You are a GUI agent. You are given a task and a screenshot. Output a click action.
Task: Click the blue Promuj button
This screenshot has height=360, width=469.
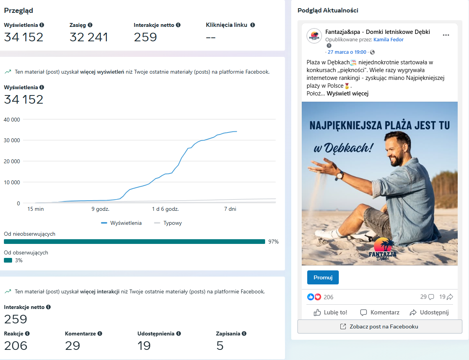[x=323, y=277]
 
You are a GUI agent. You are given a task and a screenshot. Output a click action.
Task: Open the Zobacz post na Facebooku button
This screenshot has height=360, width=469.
[x=380, y=326]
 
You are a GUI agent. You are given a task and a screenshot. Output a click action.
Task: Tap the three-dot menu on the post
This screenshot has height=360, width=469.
[x=446, y=35]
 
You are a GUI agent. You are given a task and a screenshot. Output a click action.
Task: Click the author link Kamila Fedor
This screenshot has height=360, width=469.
[x=388, y=40]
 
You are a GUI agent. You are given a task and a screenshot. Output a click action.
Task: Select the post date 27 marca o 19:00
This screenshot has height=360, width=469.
[x=347, y=52]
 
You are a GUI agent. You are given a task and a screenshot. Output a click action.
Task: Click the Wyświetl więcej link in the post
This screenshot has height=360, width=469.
[x=347, y=94]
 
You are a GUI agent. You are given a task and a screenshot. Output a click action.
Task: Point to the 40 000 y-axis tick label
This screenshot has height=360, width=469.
[x=12, y=120]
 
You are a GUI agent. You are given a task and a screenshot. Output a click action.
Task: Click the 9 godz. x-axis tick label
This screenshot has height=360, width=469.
[x=100, y=209]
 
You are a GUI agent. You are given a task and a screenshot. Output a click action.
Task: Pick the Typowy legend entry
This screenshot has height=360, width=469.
[x=168, y=223]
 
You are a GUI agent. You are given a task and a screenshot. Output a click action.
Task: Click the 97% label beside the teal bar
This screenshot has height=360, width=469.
[x=273, y=242]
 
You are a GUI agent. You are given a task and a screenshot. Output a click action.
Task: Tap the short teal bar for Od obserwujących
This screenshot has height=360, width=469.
[x=8, y=260]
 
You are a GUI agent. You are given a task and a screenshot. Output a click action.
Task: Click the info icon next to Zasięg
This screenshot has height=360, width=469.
[x=90, y=25]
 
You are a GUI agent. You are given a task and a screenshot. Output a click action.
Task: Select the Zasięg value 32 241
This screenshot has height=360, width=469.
[x=88, y=37]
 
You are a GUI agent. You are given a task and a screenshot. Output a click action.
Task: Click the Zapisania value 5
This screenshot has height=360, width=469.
[x=220, y=346]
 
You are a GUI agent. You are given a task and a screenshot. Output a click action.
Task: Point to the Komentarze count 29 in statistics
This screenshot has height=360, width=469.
[x=73, y=346]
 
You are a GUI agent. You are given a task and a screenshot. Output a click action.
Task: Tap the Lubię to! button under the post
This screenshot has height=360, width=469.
[x=330, y=312]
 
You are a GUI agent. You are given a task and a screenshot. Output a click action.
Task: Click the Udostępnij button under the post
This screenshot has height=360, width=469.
[x=429, y=312]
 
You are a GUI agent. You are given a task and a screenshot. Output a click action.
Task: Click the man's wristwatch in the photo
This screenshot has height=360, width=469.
[x=340, y=175]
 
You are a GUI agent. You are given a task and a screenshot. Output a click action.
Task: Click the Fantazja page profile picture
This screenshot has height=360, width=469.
[x=314, y=36]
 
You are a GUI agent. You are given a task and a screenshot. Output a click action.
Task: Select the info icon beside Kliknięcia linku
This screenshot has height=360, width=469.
[x=253, y=25]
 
